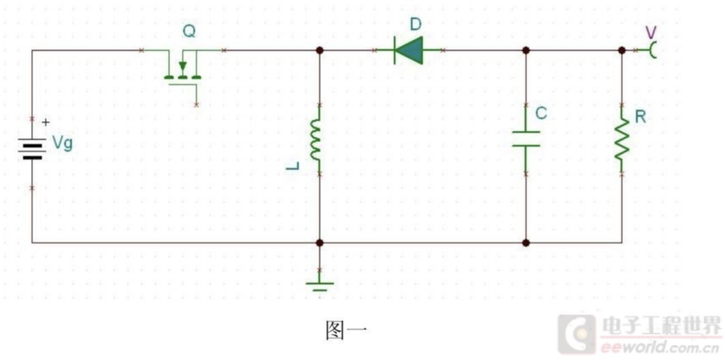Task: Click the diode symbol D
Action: click(409, 50)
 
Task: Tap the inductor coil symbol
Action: click(316, 140)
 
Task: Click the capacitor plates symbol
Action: click(526, 139)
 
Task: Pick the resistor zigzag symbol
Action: click(622, 139)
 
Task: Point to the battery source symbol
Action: click(33, 148)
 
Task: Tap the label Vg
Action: click(62, 144)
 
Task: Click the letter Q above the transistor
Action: click(189, 32)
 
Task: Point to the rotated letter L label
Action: click(292, 166)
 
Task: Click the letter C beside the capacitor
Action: click(542, 114)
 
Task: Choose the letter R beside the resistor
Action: click(640, 117)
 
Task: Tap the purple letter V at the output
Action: click(651, 32)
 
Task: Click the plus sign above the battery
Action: click(46, 123)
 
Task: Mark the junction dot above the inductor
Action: click(320, 50)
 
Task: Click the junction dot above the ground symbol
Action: click(320, 242)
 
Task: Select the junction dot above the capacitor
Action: click(526, 50)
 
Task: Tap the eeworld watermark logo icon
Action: click(577, 333)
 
